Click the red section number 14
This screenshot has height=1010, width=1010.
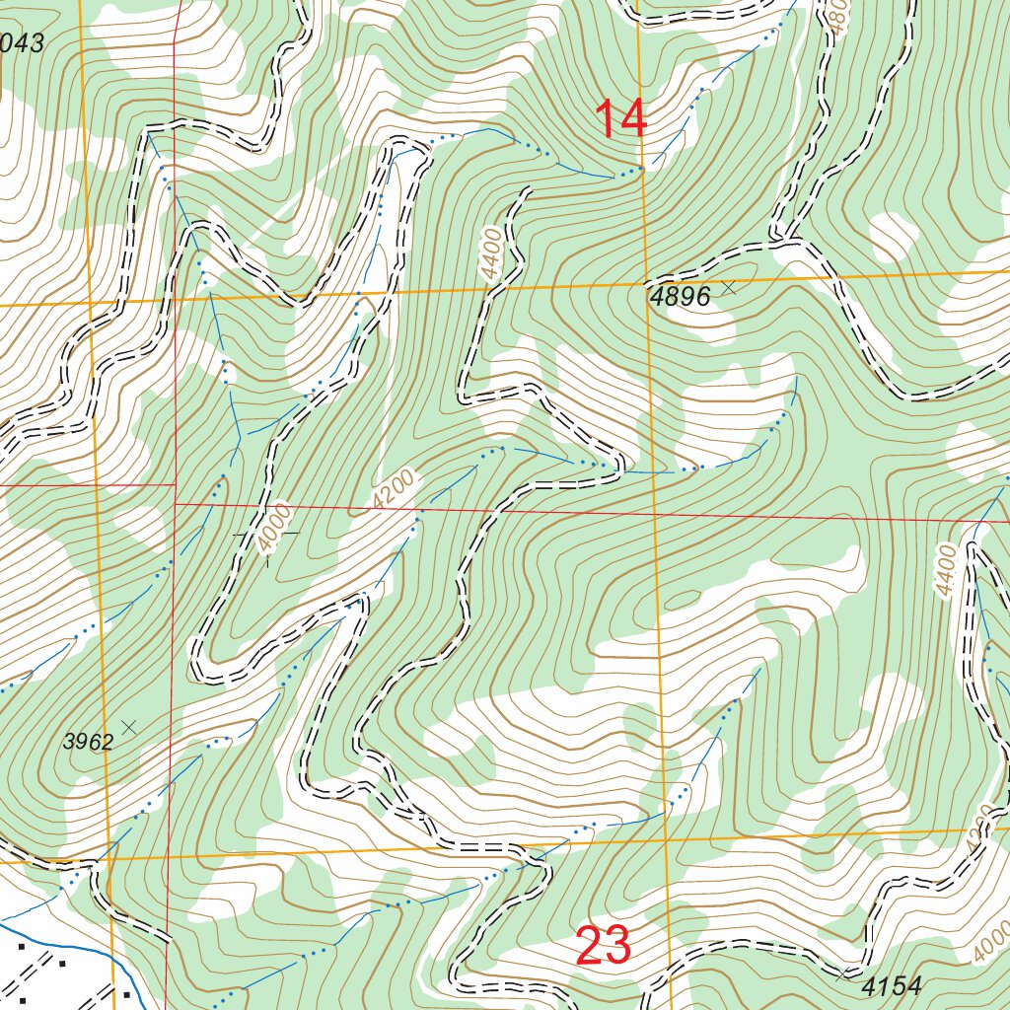coord(620,119)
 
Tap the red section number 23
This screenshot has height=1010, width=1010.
coord(603,947)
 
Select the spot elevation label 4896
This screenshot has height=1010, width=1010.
coord(679,296)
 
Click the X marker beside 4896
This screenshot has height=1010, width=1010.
coord(729,287)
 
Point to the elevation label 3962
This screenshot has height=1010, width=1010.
coord(88,743)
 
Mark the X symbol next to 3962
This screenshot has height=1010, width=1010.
coord(128,727)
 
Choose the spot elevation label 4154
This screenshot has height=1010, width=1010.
coord(891,985)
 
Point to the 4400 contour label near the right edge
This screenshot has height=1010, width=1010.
coord(947,570)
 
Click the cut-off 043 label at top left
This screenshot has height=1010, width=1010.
coord(22,43)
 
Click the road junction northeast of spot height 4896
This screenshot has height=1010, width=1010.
coord(786,239)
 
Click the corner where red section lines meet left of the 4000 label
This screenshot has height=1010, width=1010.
coord(176,503)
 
